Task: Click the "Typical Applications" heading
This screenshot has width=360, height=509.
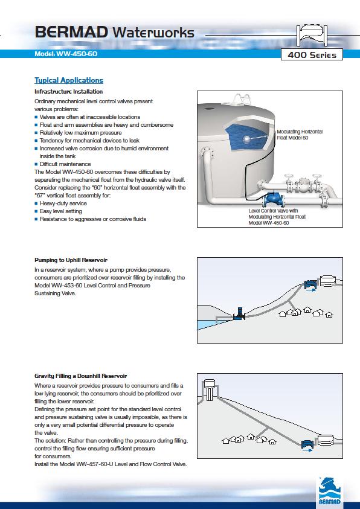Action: pos(69,80)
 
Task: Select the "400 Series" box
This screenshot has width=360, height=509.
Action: pos(312,54)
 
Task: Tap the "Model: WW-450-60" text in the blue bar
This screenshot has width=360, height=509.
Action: pos(66,54)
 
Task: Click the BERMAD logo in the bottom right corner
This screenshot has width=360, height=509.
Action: pos(329,492)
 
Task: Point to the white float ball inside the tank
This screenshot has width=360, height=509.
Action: pos(247,139)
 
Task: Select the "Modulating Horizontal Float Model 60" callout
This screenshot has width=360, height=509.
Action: pos(300,135)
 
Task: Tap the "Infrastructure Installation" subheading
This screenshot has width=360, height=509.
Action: pos(68,92)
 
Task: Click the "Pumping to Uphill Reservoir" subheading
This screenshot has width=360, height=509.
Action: pos(71,260)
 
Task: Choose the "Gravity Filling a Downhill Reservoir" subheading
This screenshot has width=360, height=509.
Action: pos(81,376)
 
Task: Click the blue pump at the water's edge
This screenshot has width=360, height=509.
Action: pos(240,314)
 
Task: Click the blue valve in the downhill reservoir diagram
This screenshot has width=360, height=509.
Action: pos(307,444)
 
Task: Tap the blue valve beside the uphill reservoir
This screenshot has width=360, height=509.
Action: pos(311,284)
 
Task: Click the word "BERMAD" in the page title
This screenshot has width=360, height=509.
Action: pos(71,33)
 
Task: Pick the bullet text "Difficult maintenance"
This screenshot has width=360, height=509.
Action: pos(65,164)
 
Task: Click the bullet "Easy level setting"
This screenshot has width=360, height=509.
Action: pos(60,211)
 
